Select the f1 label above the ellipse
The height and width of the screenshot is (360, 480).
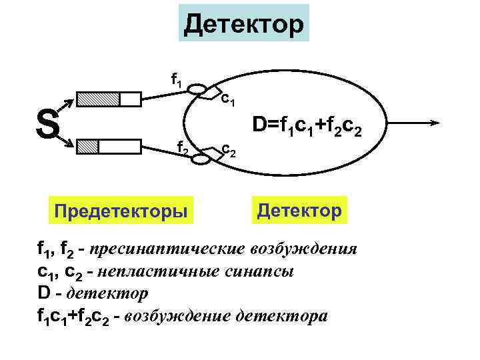177,80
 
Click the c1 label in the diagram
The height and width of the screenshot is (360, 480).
227,100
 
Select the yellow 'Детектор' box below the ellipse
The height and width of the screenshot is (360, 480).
299,211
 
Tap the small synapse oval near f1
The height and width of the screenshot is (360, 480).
197,89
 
